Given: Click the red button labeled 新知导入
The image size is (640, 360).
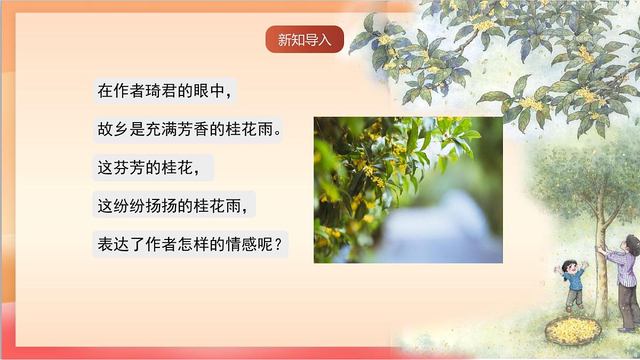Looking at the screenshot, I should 305,39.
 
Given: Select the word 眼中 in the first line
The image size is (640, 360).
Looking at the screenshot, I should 209,91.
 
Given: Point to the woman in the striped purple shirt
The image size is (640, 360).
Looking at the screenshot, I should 626,277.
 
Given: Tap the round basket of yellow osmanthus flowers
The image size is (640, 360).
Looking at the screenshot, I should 573,329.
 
